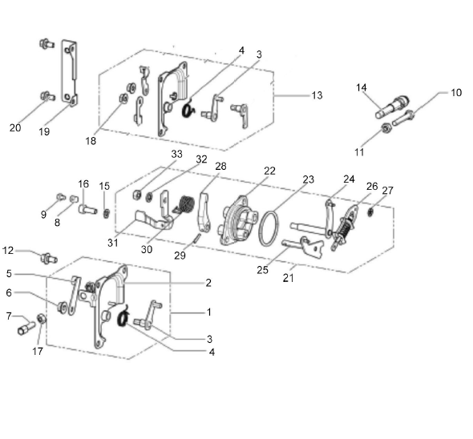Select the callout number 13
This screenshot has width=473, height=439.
tap(317, 95)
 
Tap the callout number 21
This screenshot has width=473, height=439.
tap(288, 278)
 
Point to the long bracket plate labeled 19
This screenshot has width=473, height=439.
tap(70, 73)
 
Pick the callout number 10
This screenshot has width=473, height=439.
tap(456, 93)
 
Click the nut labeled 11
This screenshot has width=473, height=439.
tap(386, 128)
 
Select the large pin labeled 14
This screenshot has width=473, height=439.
tap(392, 107)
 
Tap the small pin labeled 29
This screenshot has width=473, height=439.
tap(197, 238)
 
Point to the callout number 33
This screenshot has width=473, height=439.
tap(176, 154)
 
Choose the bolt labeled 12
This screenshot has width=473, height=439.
tap(48, 259)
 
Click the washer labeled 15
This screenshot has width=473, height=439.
tap(106, 214)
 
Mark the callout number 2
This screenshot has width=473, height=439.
tap(208, 283)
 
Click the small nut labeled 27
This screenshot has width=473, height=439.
tap(370, 212)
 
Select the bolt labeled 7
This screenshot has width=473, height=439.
tap(26, 328)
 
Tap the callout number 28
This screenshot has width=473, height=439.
tap(220, 166)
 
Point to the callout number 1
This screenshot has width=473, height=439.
tap(208, 312)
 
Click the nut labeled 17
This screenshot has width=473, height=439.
tap(42, 319)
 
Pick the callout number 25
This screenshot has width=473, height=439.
tap(262, 270)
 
